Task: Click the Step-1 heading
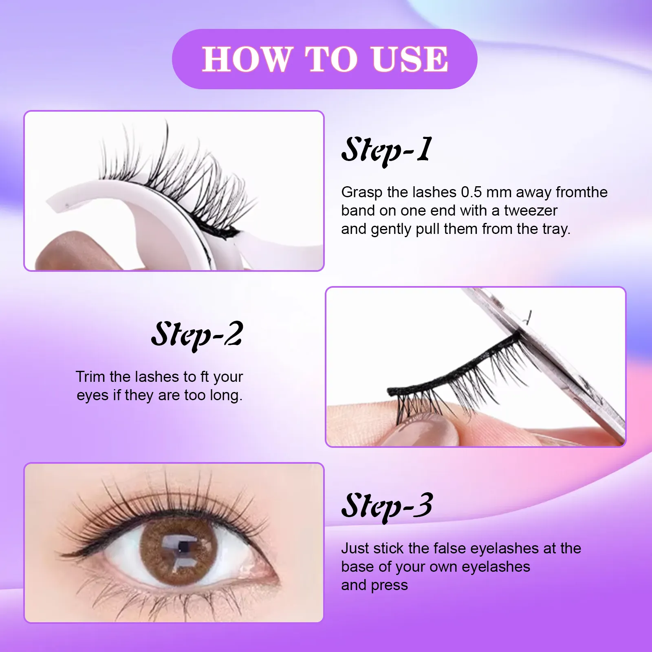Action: click(386, 150)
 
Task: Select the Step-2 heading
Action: click(197, 335)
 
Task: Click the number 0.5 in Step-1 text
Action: click(471, 192)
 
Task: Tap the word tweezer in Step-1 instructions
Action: click(531, 211)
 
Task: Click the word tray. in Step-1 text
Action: click(556, 229)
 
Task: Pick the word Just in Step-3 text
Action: click(355, 548)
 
